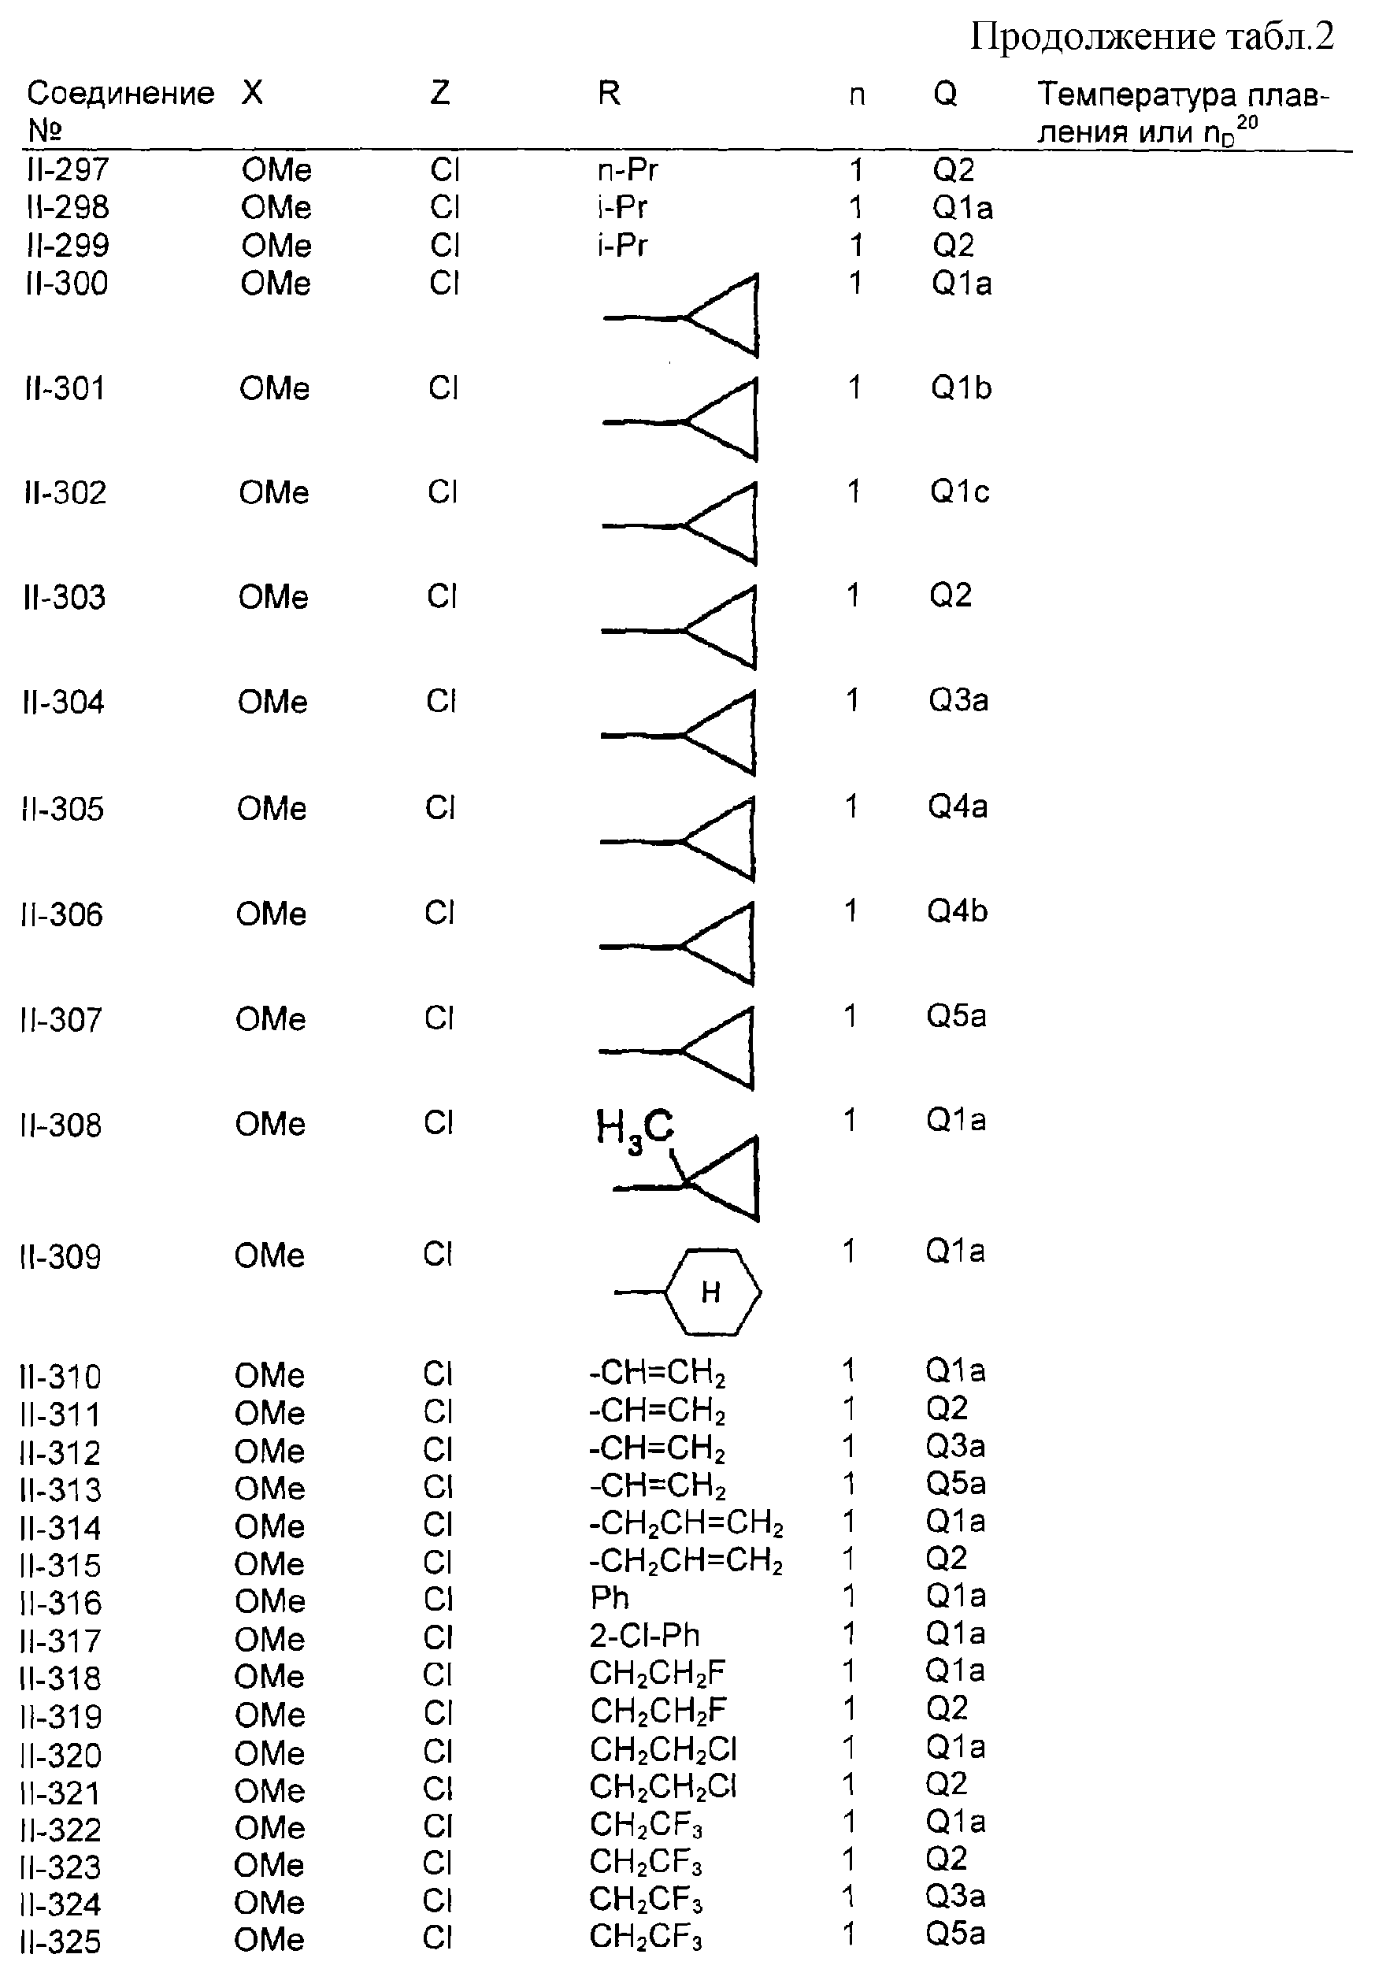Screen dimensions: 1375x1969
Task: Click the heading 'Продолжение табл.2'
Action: tap(1152, 39)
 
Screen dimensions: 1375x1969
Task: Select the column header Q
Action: tap(945, 94)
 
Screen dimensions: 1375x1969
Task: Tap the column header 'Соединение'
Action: tap(120, 93)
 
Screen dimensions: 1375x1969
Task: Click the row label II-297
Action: tap(69, 170)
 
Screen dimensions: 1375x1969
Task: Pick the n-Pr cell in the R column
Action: tap(628, 170)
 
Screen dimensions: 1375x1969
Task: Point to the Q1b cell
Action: tap(962, 387)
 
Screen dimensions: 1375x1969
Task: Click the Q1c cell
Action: tap(960, 491)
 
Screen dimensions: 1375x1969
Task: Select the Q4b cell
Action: tap(957, 910)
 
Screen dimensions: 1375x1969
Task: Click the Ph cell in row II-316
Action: tap(610, 1598)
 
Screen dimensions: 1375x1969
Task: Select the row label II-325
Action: tap(60, 1941)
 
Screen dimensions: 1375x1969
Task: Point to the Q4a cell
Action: tap(958, 807)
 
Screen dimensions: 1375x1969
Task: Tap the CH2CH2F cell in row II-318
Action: tap(658, 1673)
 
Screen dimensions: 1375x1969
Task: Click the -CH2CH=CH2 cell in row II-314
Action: tap(686, 1524)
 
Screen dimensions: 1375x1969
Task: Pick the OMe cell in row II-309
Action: tap(270, 1255)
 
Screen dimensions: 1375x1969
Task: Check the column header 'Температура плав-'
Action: tap(1184, 95)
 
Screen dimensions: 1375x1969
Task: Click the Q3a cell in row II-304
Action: tap(958, 700)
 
